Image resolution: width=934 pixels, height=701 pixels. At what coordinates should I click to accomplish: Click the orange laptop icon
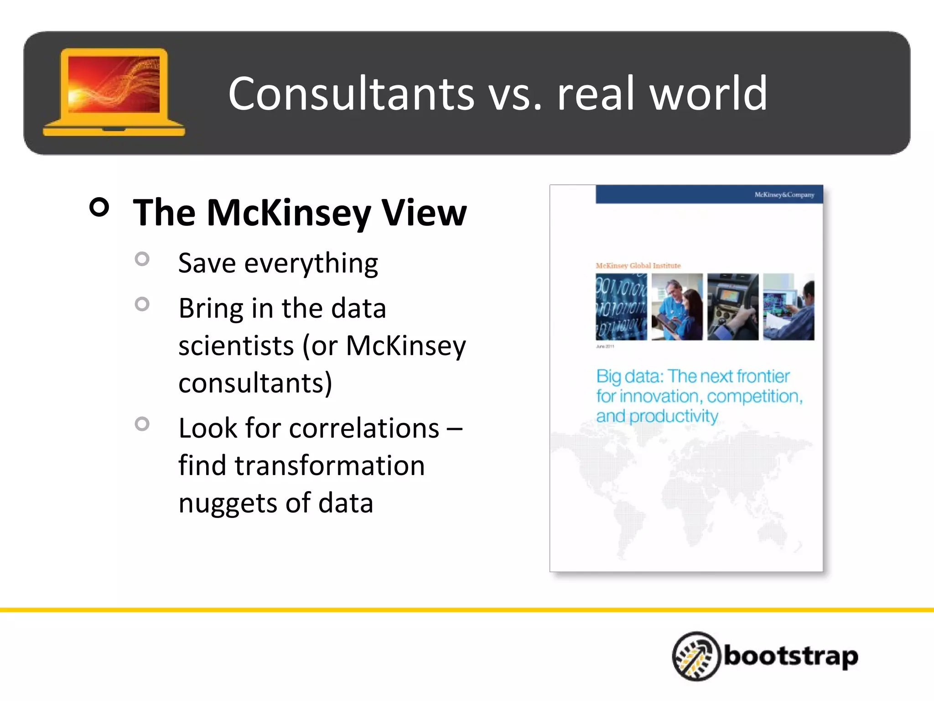(x=114, y=91)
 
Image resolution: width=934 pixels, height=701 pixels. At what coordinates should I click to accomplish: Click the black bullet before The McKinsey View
(x=99, y=207)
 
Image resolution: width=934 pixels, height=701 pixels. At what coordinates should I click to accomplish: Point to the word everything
(x=311, y=264)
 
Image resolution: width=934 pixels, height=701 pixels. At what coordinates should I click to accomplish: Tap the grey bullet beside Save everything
(x=142, y=259)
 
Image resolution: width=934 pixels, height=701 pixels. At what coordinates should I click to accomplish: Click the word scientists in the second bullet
(x=236, y=345)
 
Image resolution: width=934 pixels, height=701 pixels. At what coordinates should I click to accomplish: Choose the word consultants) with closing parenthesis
(x=255, y=383)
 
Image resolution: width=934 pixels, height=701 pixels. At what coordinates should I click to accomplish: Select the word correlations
(x=364, y=429)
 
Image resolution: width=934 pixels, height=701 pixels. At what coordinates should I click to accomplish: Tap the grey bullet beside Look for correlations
(x=142, y=424)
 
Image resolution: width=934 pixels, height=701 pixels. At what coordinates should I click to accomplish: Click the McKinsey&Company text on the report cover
(x=784, y=195)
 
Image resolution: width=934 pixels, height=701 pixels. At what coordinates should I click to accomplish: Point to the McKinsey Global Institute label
(x=638, y=266)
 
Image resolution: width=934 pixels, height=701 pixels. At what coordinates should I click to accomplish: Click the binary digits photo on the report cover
(x=621, y=307)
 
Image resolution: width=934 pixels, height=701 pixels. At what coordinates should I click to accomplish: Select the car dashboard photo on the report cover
(x=733, y=307)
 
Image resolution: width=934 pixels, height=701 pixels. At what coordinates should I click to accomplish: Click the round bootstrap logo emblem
(x=695, y=656)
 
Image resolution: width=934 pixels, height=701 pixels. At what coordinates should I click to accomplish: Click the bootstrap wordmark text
(x=790, y=656)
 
